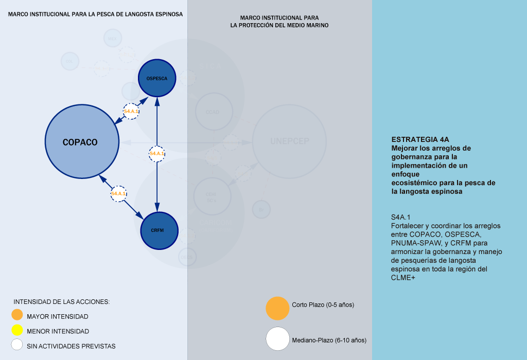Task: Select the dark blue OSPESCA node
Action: pos(157,78)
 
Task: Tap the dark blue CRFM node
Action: pos(157,230)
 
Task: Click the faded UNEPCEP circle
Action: pos(290,142)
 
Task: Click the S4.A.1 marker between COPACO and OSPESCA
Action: pos(131,111)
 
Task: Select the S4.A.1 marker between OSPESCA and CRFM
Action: pos(157,153)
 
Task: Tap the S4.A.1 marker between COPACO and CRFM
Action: pos(118,193)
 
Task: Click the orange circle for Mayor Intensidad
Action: pos(17,315)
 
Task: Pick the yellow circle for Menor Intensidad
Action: pos(17,330)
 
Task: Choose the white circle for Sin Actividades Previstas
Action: pos(17,345)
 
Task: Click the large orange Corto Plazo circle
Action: pos(277,308)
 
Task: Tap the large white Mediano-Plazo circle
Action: pos(277,339)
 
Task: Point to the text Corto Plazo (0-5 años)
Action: pos(323,305)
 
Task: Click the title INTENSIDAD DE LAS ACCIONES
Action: pos(62,301)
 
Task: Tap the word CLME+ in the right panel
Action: pos(403,278)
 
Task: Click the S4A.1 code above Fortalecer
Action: pos(401,217)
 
